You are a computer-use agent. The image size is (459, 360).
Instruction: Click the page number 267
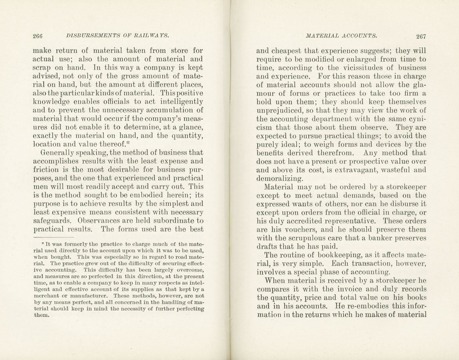coord(421,36)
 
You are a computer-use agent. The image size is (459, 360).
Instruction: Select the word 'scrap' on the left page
coord(41,68)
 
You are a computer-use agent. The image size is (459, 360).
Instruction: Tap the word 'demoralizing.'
coord(280,179)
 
